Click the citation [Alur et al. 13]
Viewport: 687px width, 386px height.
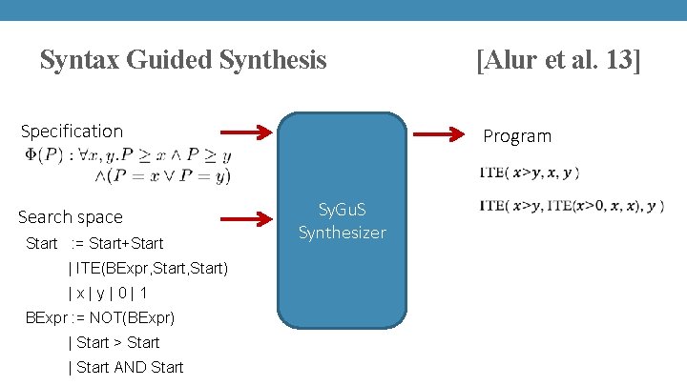558,61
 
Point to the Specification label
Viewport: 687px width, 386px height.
72,131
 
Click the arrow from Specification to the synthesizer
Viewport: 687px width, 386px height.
245,132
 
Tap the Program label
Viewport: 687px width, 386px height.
517,136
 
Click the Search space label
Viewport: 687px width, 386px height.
71,217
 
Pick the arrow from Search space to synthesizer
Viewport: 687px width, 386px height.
245,219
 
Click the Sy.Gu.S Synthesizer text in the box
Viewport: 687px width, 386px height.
343,220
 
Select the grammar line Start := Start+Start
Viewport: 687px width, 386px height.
95,243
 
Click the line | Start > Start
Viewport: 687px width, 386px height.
114,342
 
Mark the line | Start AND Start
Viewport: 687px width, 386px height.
126,367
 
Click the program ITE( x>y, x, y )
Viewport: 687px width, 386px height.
530,173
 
